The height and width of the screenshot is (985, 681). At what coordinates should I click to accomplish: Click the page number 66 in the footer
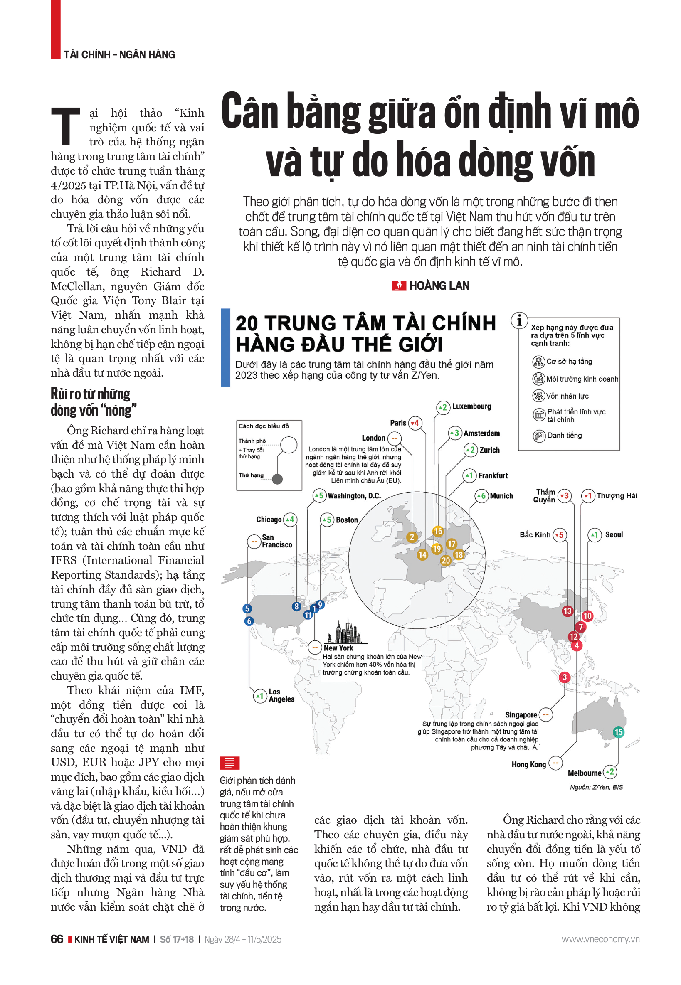tap(57, 939)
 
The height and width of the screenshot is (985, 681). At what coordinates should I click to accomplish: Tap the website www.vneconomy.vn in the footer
tap(600, 939)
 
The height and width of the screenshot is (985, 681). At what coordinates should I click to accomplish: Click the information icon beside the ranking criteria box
tap(519, 320)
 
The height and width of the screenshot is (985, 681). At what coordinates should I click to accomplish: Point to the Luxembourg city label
tap(471, 406)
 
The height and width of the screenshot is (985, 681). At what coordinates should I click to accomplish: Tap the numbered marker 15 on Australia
tap(618, 732)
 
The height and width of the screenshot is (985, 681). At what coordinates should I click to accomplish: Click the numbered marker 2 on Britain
tap(411, 537)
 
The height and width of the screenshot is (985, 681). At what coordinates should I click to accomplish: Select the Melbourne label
tap(584, 773)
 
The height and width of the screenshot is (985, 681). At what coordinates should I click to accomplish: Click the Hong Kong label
tap(528, 764)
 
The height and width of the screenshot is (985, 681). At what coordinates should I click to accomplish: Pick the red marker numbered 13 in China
tap(567, 611)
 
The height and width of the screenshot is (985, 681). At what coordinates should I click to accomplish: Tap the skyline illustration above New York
tap(345, 632)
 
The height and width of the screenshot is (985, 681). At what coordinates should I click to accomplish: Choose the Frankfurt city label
tap(493, 475)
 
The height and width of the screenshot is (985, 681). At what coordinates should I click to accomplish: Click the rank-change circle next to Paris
tap(415, 423)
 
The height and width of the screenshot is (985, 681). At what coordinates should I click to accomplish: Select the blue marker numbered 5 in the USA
tap(247, 608)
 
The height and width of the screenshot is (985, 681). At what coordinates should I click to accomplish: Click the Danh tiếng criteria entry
tap(564, 435)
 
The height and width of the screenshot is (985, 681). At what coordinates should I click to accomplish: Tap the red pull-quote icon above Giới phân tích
tap(229, 762)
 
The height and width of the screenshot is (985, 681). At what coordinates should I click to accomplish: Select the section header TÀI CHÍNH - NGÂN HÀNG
tap(119, 54)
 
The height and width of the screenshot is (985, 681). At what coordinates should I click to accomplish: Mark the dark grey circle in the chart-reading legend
tap(277, 479)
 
